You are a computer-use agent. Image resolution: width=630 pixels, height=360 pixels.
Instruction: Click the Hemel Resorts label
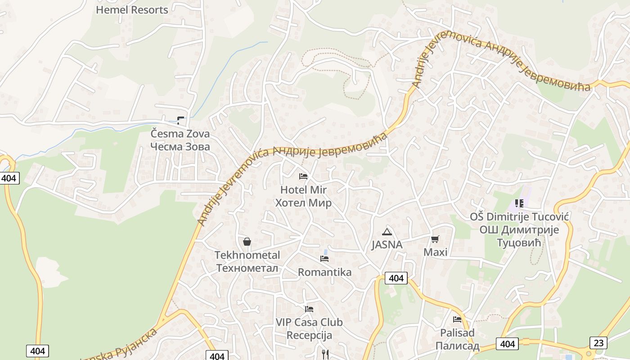(132, 9)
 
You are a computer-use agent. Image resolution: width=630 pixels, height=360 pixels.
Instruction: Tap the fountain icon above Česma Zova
(180, 120)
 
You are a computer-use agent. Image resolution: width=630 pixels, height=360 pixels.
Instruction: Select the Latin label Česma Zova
(180, 134)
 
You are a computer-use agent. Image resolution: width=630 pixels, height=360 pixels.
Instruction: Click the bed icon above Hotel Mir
(303, 176)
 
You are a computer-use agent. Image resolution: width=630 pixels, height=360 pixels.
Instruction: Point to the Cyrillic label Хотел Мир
(303, 203)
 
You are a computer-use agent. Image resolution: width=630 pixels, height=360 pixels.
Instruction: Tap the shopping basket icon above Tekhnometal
(247, 242)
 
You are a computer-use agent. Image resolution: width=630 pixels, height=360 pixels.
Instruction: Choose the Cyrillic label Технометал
(247, 268)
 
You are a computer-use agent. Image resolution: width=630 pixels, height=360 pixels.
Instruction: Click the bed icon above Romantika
(324, 259)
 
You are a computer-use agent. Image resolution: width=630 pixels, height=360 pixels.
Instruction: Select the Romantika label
(324, 272)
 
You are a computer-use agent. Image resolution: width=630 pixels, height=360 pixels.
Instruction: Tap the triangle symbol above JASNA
(387, 232)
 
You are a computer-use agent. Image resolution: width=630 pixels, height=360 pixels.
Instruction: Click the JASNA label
(387, 245)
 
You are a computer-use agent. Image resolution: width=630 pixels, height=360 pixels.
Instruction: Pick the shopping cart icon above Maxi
(435, 239)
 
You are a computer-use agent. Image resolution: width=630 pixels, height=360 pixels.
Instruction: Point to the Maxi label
(435, 252)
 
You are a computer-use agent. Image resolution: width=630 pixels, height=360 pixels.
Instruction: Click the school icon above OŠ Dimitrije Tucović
(519, 203)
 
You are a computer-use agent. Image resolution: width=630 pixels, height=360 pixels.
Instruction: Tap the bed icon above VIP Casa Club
(309, 309)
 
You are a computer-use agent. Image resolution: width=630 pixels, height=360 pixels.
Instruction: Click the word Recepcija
(309, 336)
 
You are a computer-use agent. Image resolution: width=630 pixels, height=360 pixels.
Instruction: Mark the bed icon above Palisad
(457, 319)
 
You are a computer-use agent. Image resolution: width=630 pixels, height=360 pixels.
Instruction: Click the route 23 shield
(598, 342)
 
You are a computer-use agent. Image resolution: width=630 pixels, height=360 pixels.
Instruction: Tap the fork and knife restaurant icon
(325, 355)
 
